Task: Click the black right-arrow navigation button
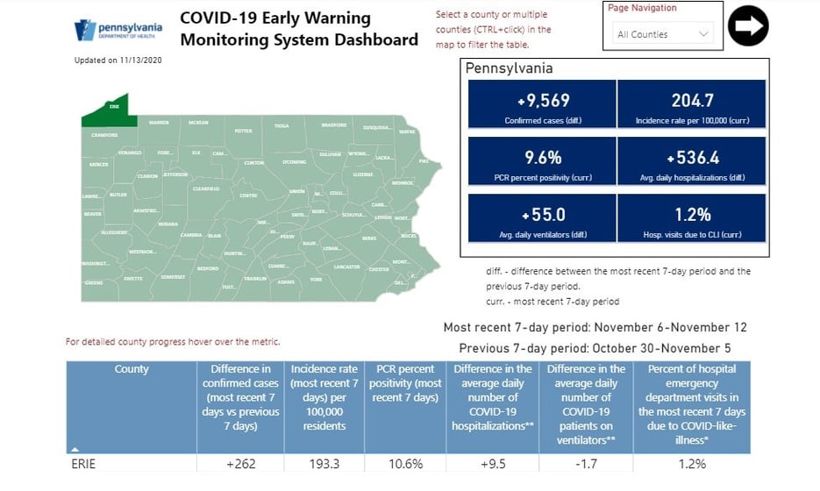coord(747,25)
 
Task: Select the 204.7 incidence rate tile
coord(692,105)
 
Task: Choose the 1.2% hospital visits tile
coord(692,218)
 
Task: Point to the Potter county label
coord(243,131)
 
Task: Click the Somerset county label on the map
coord(174,276)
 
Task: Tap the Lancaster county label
coord(346,266)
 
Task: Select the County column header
coord(132,370)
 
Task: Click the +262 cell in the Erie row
coord(239,465)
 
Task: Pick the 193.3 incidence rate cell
coord(324,465)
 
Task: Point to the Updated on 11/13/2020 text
coord(118,60)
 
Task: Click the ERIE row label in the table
coord(86,465)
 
